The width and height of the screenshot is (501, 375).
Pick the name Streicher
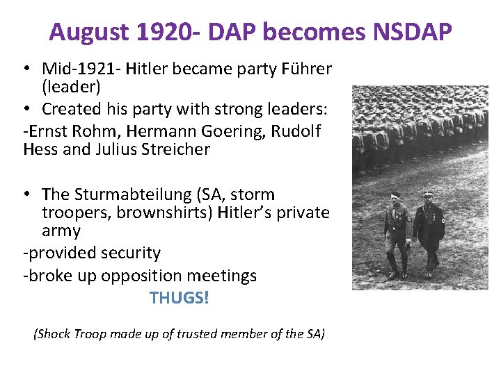(x=177, y=149)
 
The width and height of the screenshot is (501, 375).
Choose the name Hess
(x=41, y=149)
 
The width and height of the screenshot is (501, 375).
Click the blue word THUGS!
(x=179, y=298)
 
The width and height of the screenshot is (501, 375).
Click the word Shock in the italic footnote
(x=54, y=334)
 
